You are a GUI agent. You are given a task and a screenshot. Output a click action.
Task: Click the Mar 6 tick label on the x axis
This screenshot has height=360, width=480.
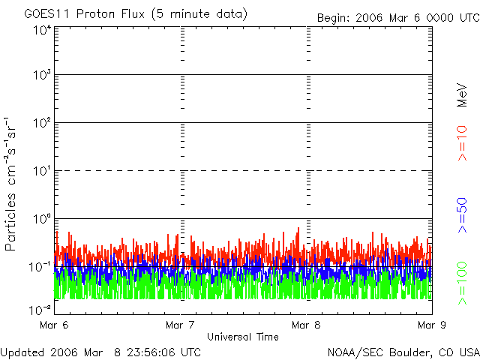click(x=54, y=325)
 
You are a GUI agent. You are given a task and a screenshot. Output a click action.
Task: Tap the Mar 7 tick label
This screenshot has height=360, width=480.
click(x=180, y=325)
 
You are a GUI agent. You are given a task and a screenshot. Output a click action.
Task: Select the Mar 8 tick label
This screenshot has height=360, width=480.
click(x=306, y=325)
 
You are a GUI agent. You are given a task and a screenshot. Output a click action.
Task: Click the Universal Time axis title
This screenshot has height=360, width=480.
click(x=243, y=337)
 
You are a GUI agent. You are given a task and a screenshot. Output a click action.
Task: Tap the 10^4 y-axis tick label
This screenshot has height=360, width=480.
click(x=42, y=31)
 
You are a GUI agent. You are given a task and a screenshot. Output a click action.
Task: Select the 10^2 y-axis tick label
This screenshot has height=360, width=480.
click(x=42, y=124)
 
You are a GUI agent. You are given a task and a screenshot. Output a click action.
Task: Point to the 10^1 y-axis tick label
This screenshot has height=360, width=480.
click(x=42, y=172)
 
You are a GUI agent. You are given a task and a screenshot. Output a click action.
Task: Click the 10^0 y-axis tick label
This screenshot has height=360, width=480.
click(x=42, y=220)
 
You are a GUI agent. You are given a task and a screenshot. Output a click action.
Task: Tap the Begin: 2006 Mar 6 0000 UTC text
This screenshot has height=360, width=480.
click(x=397, y=17)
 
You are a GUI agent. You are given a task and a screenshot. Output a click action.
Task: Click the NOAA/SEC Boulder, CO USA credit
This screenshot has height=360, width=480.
click(x=403, y=351)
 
